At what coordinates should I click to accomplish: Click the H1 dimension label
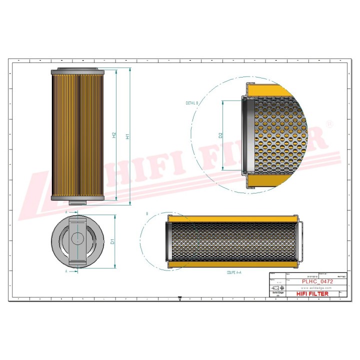127,136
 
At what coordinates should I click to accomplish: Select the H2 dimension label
114,135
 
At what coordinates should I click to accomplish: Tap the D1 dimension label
112,241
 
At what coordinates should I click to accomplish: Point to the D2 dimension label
220,135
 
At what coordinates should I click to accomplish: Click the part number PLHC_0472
317,282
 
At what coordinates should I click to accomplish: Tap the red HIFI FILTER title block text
312,294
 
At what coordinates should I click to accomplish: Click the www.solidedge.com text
317,288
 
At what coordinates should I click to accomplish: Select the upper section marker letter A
67,212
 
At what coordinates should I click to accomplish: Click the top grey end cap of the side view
77,70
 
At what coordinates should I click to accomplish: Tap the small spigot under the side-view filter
77,202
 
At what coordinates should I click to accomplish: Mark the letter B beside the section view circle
147,214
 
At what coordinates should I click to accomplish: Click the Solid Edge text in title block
277,294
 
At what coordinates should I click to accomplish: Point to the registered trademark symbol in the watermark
329,123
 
